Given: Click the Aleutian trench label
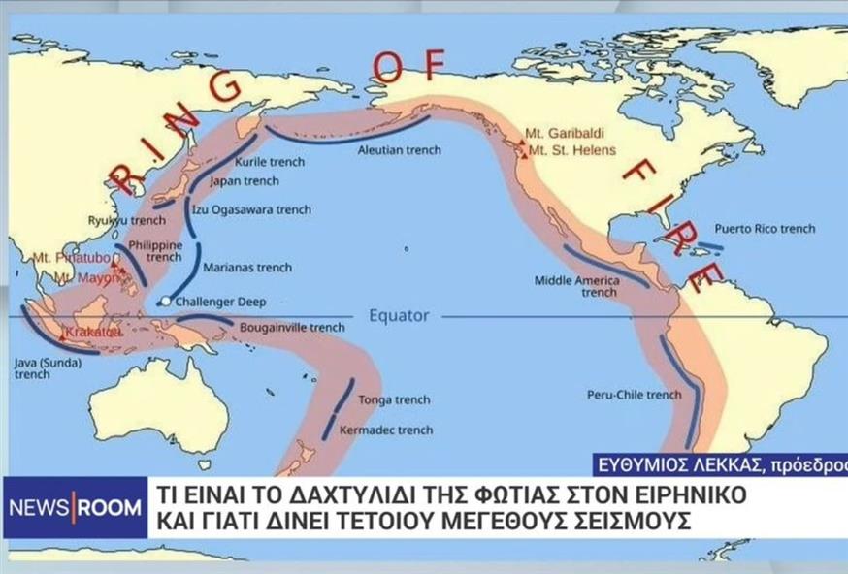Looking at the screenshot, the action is click(x=399, y=150).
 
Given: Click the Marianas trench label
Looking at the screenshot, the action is click(x=246, y=267).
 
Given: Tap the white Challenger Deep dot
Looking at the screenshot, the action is click(x=166, y=302).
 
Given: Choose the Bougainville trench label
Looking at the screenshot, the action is click(x=292, y=328).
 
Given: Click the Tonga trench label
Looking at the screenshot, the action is click(x=394, y=399).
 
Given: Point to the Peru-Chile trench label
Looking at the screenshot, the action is click(x=635, y=395).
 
